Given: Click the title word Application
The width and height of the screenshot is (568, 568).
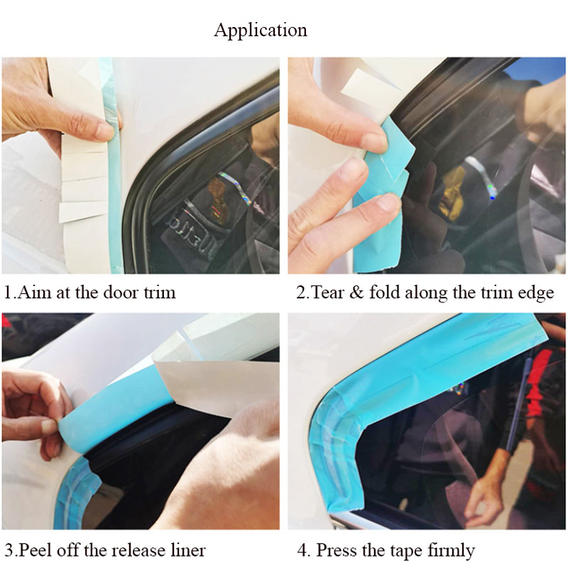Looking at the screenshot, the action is (261, 31).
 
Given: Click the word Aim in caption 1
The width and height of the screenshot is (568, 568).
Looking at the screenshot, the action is (34, 292).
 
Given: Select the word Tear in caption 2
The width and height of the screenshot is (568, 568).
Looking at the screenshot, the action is (327, 292).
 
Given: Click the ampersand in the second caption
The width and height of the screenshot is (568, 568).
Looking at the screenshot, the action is (356, 293).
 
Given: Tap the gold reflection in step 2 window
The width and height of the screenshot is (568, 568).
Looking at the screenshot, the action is (451, 188).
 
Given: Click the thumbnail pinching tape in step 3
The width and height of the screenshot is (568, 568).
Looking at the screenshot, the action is (49, 426).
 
